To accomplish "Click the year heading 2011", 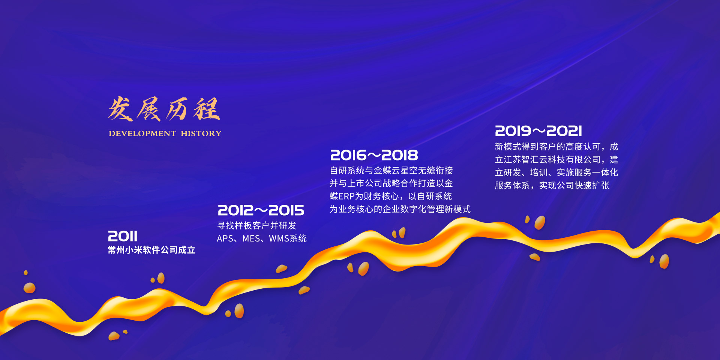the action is (123, 236).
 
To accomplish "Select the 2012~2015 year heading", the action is (261, 210).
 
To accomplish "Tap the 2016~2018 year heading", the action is (374, 155).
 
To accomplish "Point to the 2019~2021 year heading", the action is (538, 131).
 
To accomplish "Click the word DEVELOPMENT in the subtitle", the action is (142, 133).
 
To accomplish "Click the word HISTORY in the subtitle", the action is (201, 133).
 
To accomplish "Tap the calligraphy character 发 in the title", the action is (121, 109).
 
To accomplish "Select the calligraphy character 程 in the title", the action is (207, 109).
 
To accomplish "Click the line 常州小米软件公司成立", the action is (151, 250).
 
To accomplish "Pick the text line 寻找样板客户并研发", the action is (257, 225).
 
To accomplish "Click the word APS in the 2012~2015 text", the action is (225, 238).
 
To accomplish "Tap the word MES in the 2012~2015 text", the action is (250, 238).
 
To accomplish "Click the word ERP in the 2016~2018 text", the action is (346, 196).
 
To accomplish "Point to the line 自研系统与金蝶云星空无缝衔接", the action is (391, 171).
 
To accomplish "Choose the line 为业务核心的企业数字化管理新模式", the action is (400, 209).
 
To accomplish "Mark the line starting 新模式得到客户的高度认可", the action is (556, 147).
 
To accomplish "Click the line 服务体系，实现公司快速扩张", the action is (552, 186).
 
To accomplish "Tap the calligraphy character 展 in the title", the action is (149, 109).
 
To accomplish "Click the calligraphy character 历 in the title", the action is (177, 109).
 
